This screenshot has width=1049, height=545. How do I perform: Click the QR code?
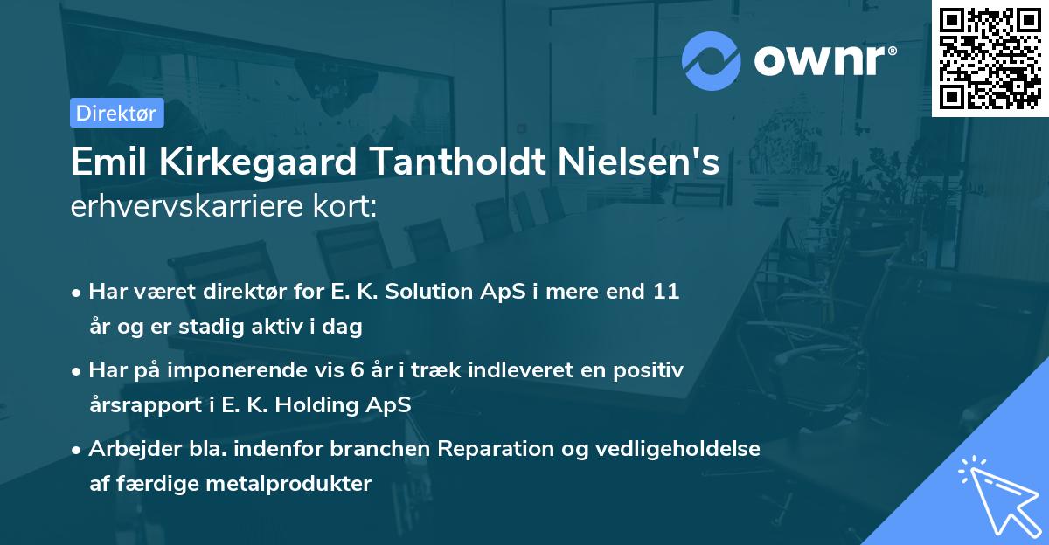point(990,58)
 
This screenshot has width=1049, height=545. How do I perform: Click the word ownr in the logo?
point(823,59)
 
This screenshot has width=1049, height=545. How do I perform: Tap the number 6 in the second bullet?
point(357,370)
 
